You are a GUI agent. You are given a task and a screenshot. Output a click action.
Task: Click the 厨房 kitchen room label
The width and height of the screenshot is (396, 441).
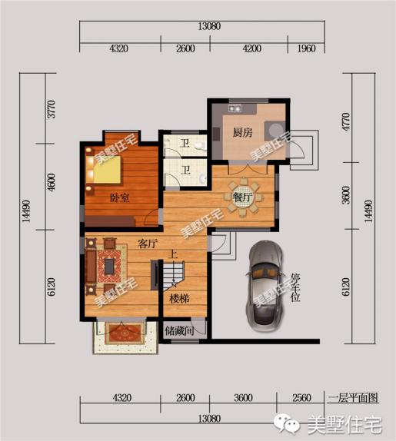click(x=242, y=132)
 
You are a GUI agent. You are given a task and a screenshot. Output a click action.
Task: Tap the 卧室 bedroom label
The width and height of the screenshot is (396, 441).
click(x=120, y=197)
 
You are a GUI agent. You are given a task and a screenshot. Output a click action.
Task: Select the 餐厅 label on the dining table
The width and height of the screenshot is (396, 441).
click(x=242, y=197)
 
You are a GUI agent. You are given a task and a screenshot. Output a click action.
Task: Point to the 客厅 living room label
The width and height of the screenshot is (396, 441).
click(x=147, y=244)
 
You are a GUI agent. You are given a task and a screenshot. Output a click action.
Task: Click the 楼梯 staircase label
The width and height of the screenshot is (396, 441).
click(x=179, y=299)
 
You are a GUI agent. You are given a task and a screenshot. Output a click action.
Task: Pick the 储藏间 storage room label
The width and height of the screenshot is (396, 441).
click(x=179, y=330)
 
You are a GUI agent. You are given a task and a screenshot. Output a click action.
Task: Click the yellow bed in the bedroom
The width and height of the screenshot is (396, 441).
click(x=105, y=170)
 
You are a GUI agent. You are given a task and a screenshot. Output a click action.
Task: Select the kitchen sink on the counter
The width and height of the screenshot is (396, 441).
click(x=235, y=108)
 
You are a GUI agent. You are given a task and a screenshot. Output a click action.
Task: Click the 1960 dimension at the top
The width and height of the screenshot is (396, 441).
click(x=306, y=48)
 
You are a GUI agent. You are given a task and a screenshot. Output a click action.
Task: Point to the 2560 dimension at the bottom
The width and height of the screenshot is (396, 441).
click(x=301, y=398)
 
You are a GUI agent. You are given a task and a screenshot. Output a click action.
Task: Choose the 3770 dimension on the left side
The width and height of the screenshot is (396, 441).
click(x=52, y=109)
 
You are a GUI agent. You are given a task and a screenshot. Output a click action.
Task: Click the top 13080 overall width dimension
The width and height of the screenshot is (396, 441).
click(x=209, y=26)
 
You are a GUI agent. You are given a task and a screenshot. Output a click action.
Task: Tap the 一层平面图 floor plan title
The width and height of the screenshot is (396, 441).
click(x=353, y=398)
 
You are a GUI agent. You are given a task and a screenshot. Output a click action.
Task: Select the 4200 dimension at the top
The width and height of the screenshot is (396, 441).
click(x=251, y=48)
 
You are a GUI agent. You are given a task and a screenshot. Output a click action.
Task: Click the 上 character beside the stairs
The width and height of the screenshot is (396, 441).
click(x=172, y=254)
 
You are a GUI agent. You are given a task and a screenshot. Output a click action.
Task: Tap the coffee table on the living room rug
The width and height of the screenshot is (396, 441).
click(x=109, y=267)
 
